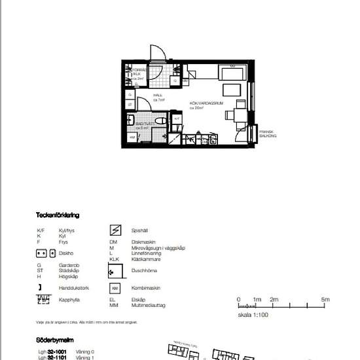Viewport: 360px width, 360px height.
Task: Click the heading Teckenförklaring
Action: (x=58, y=215)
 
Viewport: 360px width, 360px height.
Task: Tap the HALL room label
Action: (x=158, y=96)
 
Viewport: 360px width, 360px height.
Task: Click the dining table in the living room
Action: (x=236, y=115)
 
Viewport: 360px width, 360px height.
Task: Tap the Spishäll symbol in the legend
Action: (x=115, y=230)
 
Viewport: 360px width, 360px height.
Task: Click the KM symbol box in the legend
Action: (x=115, y=288)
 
